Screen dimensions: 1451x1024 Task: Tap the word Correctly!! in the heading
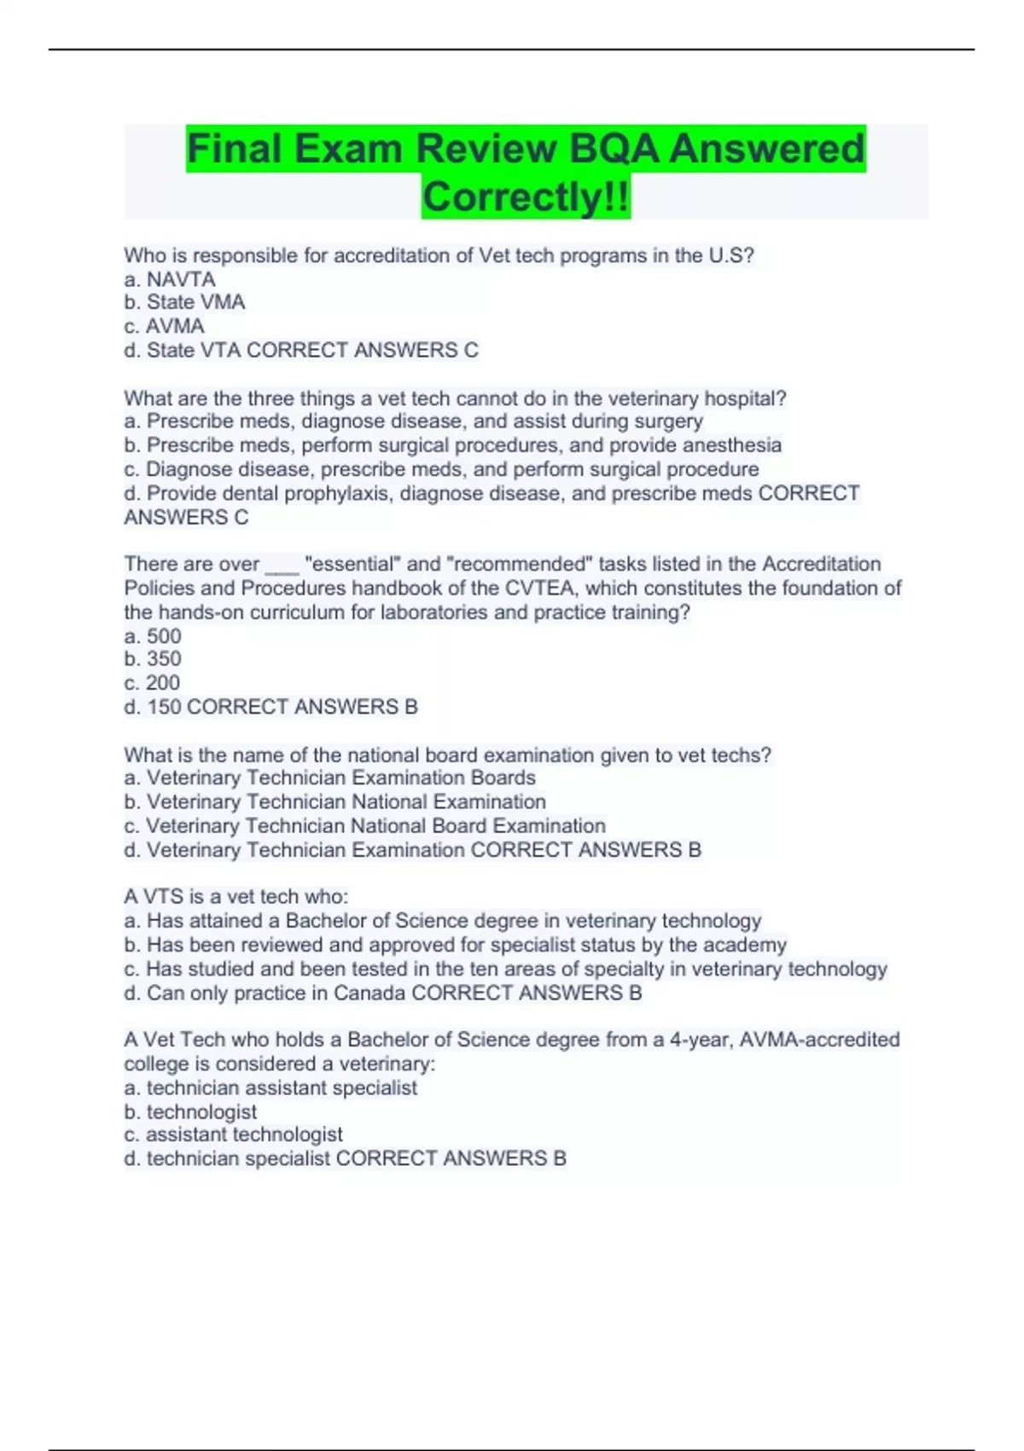coord(526,196)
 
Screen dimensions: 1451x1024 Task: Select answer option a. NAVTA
coord(170,279)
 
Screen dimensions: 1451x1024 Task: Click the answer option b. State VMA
coord(184,302)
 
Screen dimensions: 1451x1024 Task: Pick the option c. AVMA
coord(164,326)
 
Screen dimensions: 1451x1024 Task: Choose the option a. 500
coord(153,636)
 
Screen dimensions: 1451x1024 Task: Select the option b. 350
coord(153,659)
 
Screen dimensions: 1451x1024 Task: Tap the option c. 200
coord(152,683)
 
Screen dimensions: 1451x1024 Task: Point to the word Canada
coord(369,993)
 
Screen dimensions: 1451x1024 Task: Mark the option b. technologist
coord(190,1111)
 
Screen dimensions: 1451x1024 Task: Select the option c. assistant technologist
coord(233,1134)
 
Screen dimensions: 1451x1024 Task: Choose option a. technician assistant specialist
coord(271,1087)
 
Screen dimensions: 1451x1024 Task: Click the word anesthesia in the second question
coord(736,445)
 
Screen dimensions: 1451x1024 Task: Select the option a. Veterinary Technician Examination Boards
coord(329,778)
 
